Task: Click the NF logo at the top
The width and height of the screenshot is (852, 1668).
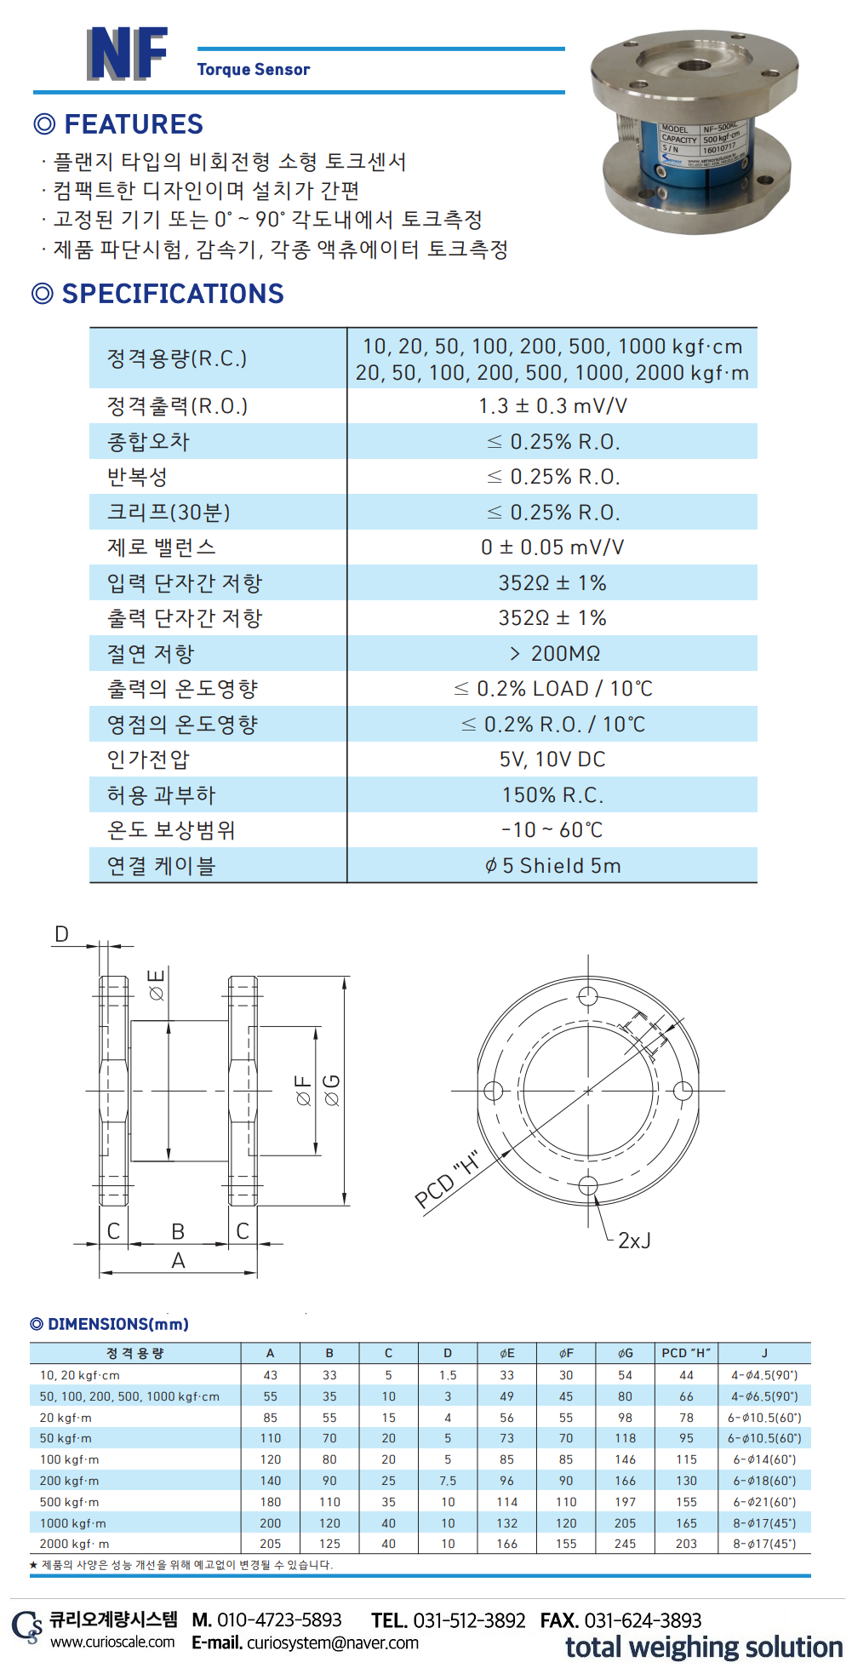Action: click(128, 54)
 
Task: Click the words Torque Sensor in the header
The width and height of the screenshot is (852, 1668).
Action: click(253, 70)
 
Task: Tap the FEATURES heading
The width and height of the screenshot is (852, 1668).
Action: click(134, 124)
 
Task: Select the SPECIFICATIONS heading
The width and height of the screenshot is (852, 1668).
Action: click(173, 294)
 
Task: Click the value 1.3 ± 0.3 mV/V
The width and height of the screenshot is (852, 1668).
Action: click(552, 406)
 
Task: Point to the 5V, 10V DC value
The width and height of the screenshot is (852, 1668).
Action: click(552, 759)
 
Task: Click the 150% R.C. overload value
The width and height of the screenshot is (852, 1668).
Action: click(552, 794)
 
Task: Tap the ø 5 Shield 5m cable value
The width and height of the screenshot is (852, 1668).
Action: click(552, 865)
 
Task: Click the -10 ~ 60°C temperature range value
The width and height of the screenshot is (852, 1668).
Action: click(552, 829)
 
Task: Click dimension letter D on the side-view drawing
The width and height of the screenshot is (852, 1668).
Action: click(61, 934)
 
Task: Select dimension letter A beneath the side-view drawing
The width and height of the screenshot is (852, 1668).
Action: click(178, 1260)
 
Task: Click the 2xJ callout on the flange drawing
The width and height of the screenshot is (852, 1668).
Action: click(634, 1241)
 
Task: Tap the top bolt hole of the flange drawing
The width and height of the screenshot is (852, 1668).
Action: click(587, 995)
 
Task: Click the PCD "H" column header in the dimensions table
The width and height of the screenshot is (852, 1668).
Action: click(686, 1353)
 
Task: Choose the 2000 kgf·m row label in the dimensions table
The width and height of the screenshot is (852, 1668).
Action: click(74, 1544)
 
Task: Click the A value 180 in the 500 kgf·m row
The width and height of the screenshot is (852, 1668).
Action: click(271, 1502)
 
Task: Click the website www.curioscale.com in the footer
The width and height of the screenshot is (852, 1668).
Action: click(112, 1642)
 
